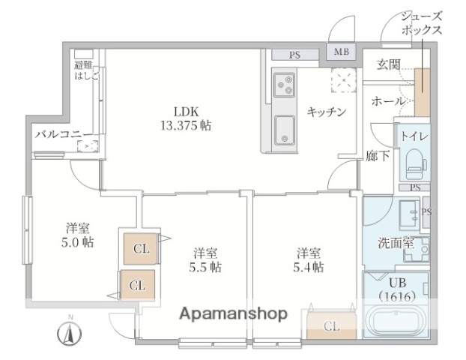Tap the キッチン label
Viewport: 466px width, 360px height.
327,112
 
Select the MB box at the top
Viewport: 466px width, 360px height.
342,52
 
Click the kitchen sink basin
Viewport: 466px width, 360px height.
284,130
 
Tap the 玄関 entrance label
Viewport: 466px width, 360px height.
387,64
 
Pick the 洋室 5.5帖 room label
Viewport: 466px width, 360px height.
205,259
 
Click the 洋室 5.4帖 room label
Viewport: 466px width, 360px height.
309,259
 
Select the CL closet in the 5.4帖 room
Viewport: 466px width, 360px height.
330,325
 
